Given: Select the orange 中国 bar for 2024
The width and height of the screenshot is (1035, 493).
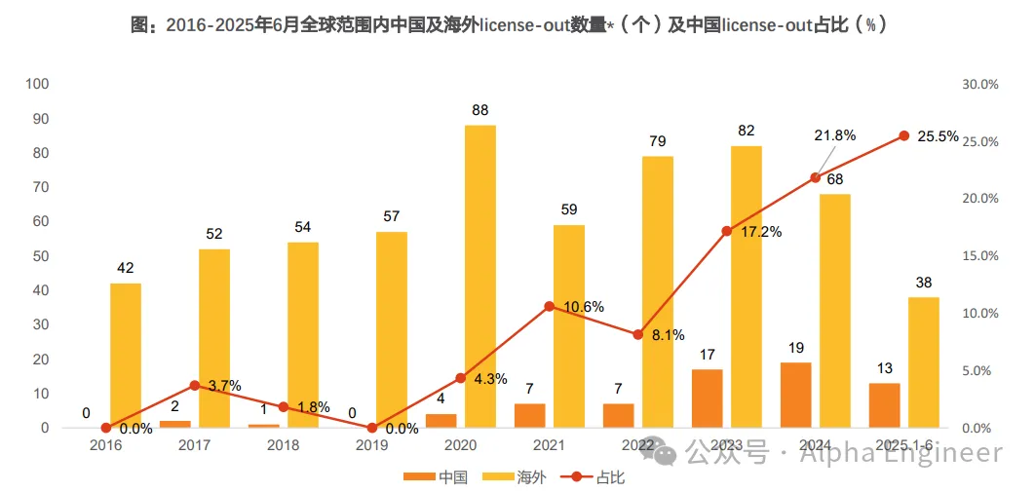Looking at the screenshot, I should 795,395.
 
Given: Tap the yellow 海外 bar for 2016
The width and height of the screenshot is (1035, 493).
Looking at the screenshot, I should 126,355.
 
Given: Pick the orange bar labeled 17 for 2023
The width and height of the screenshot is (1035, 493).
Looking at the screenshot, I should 708,398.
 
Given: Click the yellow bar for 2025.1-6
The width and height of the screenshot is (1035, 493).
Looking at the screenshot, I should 923,361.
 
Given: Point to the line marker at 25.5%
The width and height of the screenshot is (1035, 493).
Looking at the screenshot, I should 903,135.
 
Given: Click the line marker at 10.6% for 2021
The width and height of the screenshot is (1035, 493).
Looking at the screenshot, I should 549,306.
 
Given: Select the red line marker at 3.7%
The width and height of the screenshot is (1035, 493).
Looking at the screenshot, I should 195,385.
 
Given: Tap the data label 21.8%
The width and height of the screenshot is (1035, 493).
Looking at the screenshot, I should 834,135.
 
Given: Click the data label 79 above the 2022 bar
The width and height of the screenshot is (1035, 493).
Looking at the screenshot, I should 658,141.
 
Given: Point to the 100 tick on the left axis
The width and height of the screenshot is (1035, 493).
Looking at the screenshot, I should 37,84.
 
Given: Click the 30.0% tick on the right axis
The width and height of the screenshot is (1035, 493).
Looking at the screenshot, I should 979,85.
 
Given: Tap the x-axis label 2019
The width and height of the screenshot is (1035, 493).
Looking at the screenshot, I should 372,445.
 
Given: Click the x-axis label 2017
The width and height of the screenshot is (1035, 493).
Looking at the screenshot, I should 195,445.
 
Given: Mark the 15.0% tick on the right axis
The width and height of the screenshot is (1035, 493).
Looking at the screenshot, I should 979,256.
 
